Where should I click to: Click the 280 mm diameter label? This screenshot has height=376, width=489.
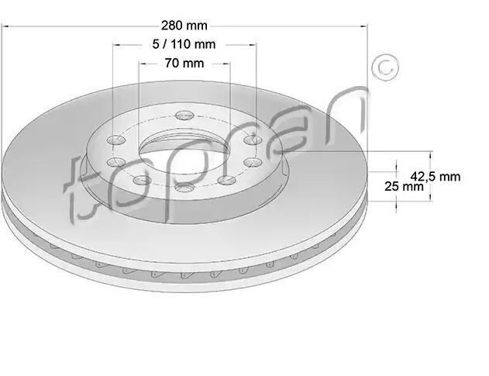tap(184, 26)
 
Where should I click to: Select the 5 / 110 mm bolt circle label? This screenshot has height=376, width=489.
tap(184, 44)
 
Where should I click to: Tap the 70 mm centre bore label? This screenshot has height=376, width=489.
tap(184, 64)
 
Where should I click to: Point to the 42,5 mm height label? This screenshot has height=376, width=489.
tap(435, 177)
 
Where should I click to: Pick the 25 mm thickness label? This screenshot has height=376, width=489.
tap(404, 187)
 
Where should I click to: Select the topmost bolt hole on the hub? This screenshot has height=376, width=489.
tap(184, 116)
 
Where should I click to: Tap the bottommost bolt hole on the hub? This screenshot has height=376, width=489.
tap(184, 188)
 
